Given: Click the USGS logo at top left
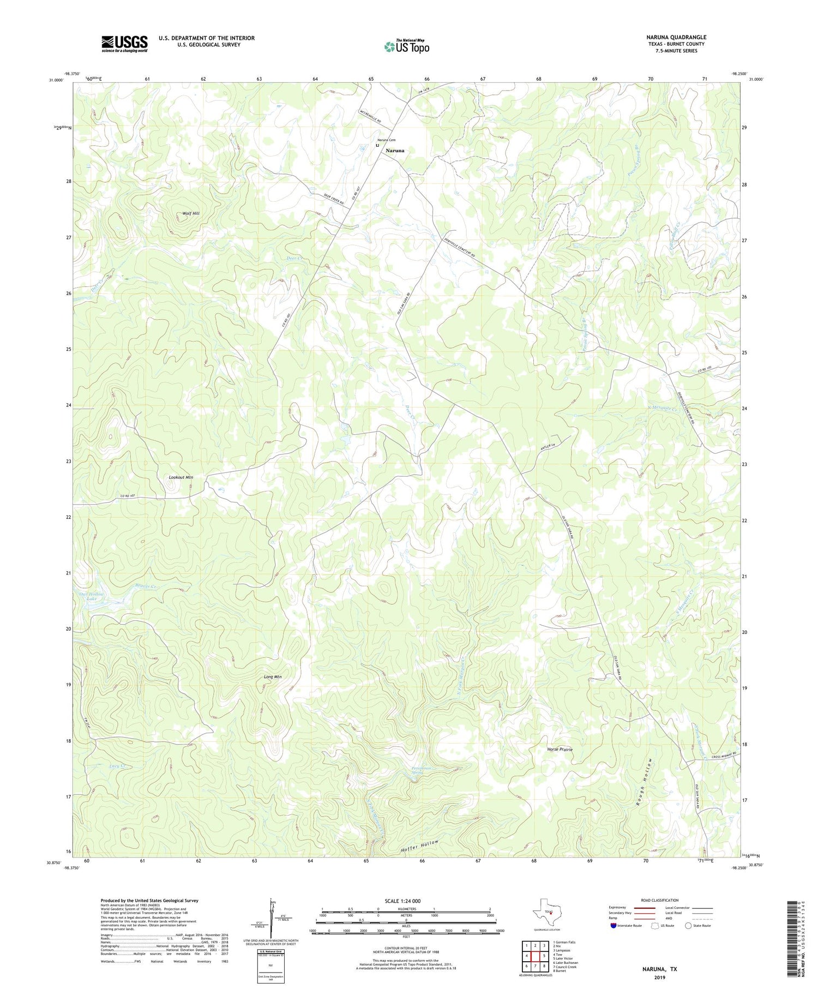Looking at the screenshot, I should (124, 44).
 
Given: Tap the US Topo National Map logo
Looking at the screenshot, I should (406, 46).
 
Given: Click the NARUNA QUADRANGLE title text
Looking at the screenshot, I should (675, 37).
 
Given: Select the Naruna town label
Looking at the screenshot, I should (395, 150).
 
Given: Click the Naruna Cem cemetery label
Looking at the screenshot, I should (386, 140).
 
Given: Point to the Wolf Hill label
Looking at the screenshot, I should (191, 213).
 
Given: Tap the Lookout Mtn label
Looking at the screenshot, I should (181, 477).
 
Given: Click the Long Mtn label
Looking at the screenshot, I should (272, 677).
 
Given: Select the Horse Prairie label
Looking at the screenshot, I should (560, 750).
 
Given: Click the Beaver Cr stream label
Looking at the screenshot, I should (146, 586).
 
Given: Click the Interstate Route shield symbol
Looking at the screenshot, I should (613, 925).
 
